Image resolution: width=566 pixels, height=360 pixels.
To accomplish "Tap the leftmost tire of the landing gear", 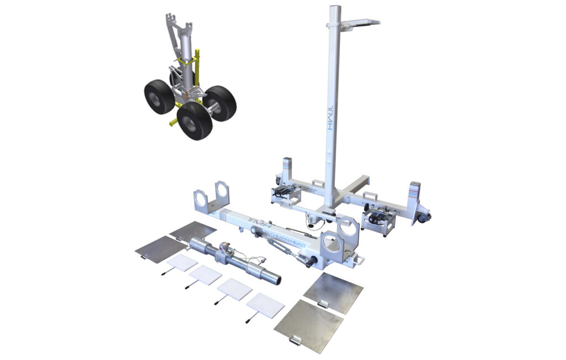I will point(159,97).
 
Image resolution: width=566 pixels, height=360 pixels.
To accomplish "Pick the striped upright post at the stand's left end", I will point(287,168).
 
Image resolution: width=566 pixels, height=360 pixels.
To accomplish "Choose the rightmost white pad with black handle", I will point(265,304).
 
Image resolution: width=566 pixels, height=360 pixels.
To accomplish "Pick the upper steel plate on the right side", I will point(334,290).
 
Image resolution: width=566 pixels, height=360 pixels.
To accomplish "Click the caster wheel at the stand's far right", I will point(424,219).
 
